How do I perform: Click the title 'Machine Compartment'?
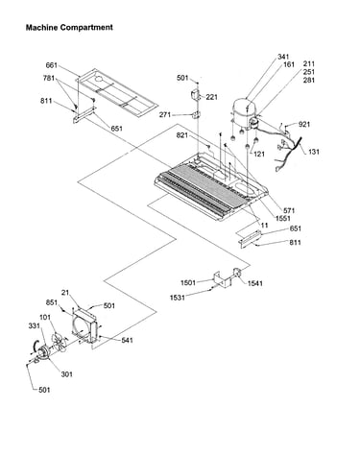(x=69, y=28)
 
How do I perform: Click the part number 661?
(x=52, y=65)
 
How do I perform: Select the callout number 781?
(x=49, y=78)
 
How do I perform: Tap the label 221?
(x=211, y=97)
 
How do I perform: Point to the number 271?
(x=165, y=114)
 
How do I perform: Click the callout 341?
(x=283, y=57)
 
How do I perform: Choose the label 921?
(x=304, y=124)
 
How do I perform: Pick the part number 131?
(x=314, y=152)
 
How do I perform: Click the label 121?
(x=259, y=154)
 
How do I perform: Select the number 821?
(x=182, y=135)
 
